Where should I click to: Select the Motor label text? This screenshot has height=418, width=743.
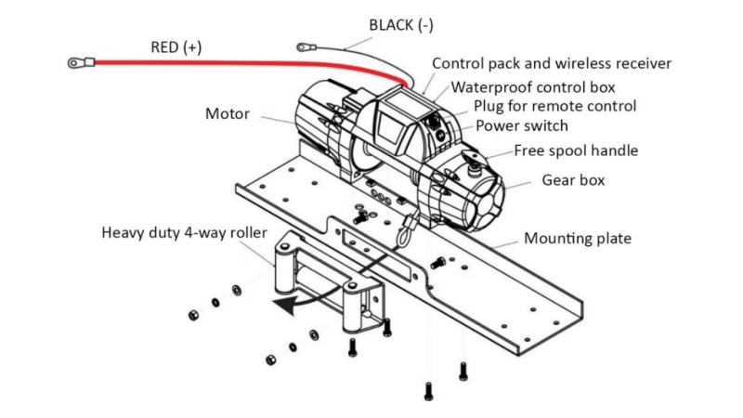pyautogui.click(x=228, y=114)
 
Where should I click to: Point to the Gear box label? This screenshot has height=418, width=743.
pyautogui.click(x=573, y=180)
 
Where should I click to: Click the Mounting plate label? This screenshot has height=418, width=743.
pyautogui.click(x=578, y=239)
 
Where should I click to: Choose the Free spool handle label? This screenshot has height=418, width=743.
pyautogui.click(x=577, y=150)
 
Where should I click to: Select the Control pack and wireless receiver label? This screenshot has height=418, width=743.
pyautogui.click(x=552, y=64)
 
